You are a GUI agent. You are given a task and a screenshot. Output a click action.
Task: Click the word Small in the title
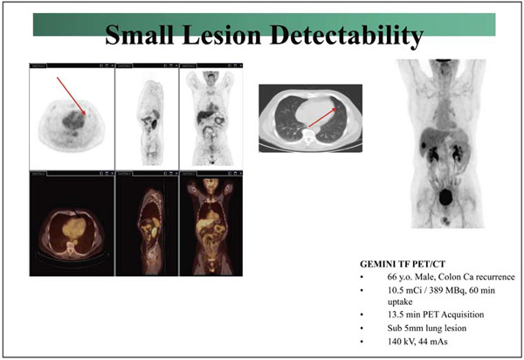[140, 36]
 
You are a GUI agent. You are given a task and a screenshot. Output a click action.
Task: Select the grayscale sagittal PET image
[146, 118]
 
